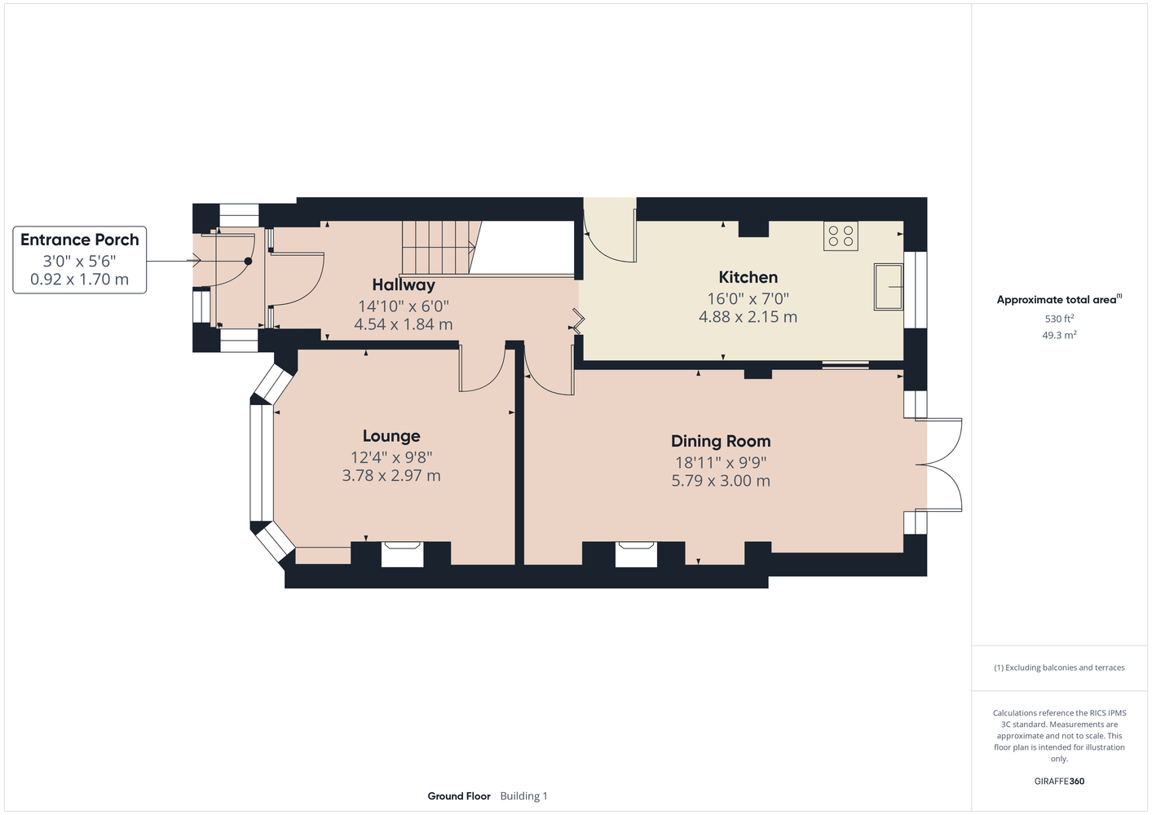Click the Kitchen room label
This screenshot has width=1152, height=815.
pos(748,277)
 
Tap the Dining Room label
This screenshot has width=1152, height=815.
pos(721,441)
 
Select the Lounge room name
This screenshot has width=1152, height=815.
pos(391,436)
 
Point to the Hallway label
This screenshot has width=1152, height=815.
pos(404,285)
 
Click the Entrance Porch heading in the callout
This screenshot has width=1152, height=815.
pos(80,240)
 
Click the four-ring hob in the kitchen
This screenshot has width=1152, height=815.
pos(841,236)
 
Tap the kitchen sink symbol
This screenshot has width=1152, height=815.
pos(889,287)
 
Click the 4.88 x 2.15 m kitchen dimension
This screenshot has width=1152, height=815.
pos(748,317)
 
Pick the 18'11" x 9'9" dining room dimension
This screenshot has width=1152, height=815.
pos(721,463)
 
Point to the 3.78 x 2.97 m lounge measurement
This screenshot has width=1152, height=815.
pos(391,476)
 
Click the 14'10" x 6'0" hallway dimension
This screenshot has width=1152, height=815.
pos(404,306)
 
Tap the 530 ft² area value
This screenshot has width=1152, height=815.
pos(1059,319)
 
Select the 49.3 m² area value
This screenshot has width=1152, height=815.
pos(1059,335)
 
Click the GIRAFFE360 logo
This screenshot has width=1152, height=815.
pos(1059,781)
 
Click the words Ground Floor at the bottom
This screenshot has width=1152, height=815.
pos(459,796)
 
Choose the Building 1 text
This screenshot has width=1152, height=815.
pos(523,796)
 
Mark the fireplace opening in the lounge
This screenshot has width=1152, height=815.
pos(402,554)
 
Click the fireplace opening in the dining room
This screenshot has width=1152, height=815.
pos(636,554)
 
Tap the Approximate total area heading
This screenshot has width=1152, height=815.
pos(1059,300)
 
